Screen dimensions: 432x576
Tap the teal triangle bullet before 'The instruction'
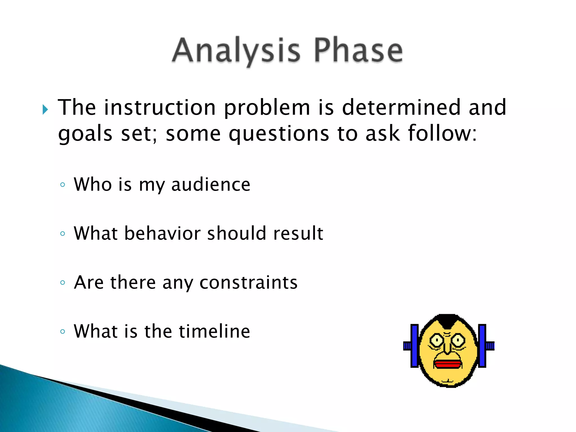[x=45, y=109]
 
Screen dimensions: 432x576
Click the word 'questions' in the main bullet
[x=279, y=133]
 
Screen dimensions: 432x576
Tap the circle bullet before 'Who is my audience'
[x=62, y=185]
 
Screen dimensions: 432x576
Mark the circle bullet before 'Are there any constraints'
[x=62, y=283]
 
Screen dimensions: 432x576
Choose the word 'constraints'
[x=248, y=282]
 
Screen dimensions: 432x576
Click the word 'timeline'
[x=214, y=331]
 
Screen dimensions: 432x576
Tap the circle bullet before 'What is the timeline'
[x=62, y=331]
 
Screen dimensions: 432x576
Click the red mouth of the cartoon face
[x=448, y=364]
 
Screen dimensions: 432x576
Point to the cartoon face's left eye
[x=437, y=341]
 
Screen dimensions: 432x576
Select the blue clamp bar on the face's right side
[x=482, y=346]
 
